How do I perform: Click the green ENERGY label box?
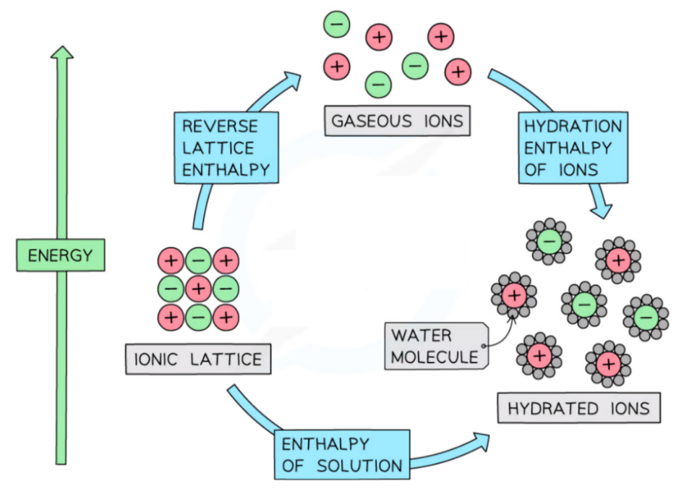coord(61,255)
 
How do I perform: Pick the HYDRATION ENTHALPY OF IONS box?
coord(572,148)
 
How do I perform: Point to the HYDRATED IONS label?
coord(578,408)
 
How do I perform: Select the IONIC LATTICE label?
coord(198,359)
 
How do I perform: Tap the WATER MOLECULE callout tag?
coord(435,346)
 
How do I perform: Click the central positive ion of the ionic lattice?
coord(198,289)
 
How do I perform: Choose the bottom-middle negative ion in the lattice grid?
coord(198,316)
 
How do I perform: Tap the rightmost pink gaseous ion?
coord(458,71)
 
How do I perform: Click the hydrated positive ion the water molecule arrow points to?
coord(513,294)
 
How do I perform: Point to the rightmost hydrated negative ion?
coord(646,317)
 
